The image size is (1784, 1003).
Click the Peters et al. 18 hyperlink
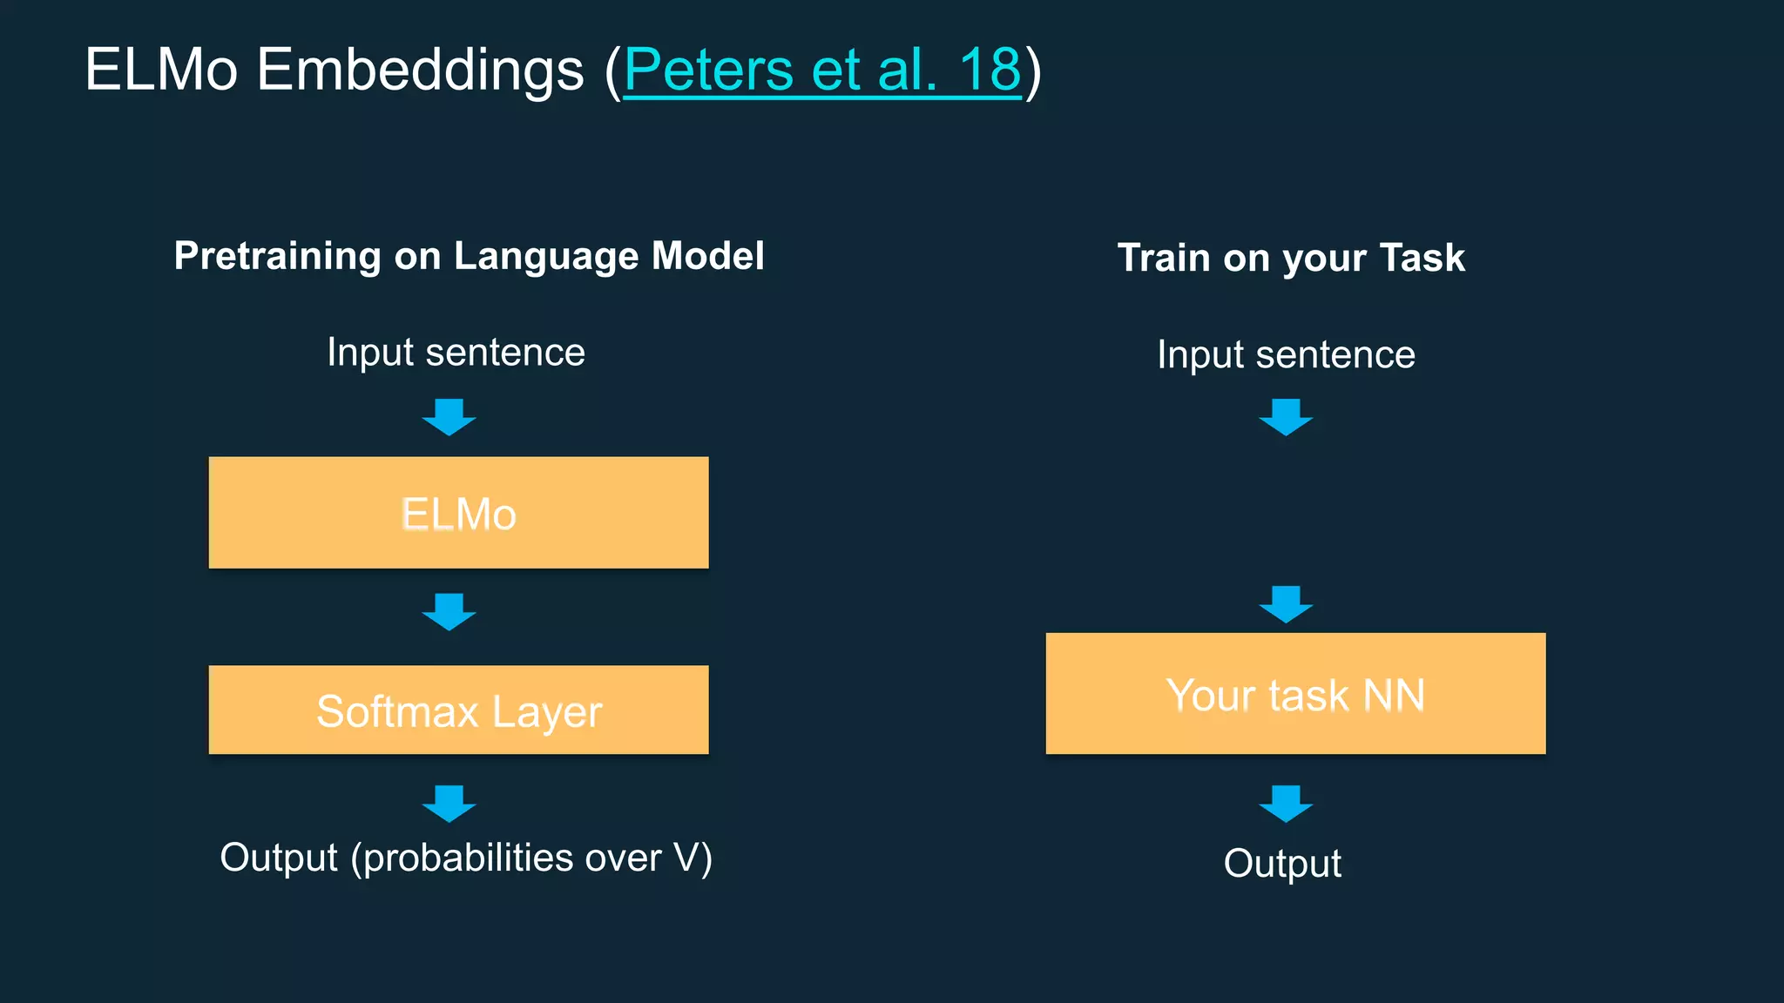[x=821, y=70]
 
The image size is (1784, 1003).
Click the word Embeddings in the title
[x=420, y=70]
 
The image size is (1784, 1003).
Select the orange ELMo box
[x=458, y=513]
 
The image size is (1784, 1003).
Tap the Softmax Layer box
[x=458, y=710]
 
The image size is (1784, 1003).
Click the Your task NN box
[x=1295, y=694]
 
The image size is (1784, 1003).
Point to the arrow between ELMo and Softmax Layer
[x=449, y=611]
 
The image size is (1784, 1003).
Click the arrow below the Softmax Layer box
[x=449, y=803]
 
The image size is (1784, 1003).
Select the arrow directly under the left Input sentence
[x=449, y=417]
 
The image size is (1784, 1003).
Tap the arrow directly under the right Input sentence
[x=1286, y=417]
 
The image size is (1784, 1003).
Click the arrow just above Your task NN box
[x=1286, y=604]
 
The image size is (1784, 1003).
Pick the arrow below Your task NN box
[x=1286, y=803]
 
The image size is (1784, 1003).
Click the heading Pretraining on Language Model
[x=469, y=256]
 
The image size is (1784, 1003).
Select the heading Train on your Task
[x=1291, y=258]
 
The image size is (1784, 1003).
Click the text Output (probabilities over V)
[x=466, y=858]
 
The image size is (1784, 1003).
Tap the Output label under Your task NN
[x=1282, y=864]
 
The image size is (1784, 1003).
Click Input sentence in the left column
[x=456, y=353]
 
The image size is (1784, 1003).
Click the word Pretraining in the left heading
[x=277, y=256]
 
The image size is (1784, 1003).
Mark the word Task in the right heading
[x=1422, y=258]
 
